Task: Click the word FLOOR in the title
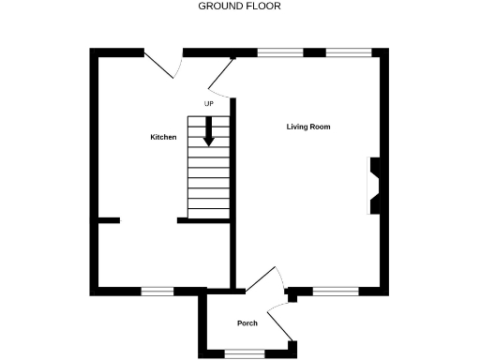pyautogui.click(x=264, y=6)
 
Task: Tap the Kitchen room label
pyautogui.click(x=163, y=137)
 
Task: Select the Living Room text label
pyautogui.click(x=308, y=127)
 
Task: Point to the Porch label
pyautogui.click(x=247, y=323)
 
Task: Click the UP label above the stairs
pyautogui.click(x=208, y=103)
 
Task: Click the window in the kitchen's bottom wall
pyautogui.click(x=157, y=292)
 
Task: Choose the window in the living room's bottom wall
pyautogui.click(x=335, y=292)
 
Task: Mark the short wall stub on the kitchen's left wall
pyautogui.click(x=109, y=220)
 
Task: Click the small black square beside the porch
pyautogui.click(x=292, y=299)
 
